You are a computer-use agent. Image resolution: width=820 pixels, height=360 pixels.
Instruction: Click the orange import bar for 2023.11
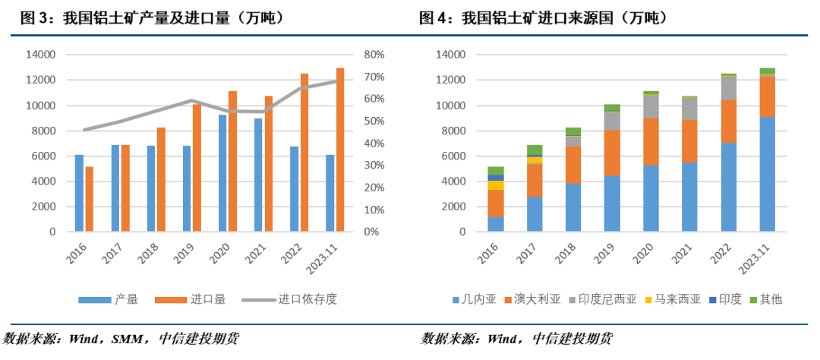coord(340,150)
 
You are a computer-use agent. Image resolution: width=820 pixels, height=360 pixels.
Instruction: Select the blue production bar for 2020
coord(222,173)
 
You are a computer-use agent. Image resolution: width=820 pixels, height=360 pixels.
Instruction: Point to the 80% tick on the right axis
coord(375,55)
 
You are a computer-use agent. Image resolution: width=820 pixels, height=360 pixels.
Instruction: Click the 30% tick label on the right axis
coord(375,166)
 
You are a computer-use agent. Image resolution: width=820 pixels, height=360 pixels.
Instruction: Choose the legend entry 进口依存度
coord(307,299)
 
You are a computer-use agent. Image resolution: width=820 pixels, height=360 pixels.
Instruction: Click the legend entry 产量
coord(126,299)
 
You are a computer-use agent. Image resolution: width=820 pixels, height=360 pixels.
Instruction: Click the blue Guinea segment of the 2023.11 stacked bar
coord(767,174)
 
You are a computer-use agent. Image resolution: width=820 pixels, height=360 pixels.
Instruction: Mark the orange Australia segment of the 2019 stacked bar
coord(612,153)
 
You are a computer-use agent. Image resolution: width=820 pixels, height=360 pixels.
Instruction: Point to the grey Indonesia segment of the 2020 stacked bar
coord(651,106)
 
